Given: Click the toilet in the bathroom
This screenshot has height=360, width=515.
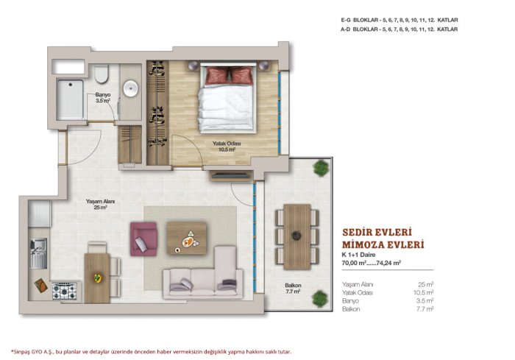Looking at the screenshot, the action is point(102,74).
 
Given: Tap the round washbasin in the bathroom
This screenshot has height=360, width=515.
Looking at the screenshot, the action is point(131,88).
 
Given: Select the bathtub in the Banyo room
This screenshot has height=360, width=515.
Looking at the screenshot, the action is point(70,99).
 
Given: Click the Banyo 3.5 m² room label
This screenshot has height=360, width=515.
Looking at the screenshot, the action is point(103,98).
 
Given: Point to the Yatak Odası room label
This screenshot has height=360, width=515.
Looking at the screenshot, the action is point(227,147).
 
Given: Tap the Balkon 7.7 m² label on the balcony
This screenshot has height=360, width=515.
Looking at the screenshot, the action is point(293,289).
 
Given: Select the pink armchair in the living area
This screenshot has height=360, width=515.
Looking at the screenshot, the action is point(143,239).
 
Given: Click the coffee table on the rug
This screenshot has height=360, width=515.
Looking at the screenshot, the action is point(187,238).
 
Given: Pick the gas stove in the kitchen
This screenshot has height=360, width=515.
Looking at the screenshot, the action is point(65,292).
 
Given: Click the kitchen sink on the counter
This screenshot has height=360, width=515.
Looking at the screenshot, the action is point(38,253).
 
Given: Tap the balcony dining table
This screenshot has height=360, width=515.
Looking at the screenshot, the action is point(297,237).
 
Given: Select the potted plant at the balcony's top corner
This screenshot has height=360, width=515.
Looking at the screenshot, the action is point(321,168).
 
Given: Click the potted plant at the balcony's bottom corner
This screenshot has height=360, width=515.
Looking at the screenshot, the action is point(319,299).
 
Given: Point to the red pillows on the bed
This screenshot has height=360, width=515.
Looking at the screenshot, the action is point(229,75).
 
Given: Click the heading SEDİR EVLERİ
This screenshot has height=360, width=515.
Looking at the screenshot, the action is point(377,233).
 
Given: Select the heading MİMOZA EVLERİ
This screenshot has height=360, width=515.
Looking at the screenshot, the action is point(383,245).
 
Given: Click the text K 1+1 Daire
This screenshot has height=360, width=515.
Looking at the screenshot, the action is point(359,255).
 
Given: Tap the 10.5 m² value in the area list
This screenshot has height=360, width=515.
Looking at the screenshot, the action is point(423,292).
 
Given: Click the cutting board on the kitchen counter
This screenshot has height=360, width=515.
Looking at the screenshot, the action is point(40,285).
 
